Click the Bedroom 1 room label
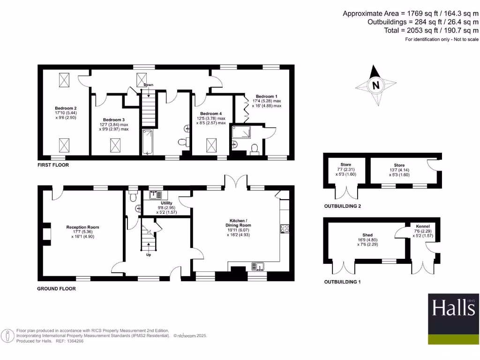pos(266,96)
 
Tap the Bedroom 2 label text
pos(65,108)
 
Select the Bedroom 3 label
pos(114,120)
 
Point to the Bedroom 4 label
pos(210,113)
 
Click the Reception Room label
pos(82,227)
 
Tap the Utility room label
pos(166,203)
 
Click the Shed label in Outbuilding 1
pos(367,235)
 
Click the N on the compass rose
pos(375,86)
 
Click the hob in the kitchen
pos(284,229)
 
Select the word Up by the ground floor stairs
pos(149,255)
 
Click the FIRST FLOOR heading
pos(53,165)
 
